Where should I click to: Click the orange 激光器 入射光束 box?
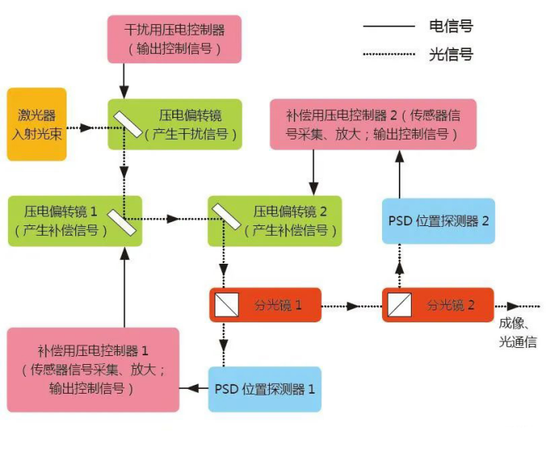point(37,124)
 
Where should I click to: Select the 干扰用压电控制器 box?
point(175,39)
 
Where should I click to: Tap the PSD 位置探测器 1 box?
point(265,390)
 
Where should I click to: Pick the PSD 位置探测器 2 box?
point(439,221)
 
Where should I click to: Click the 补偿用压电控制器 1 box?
point(93,370)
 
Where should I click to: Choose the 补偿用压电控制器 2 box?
point(373,124)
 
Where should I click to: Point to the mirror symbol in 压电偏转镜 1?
point(122,222)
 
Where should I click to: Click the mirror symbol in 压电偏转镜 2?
point(227,216)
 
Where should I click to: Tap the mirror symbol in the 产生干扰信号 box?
point(128,124)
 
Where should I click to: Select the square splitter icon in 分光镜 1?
point(227,305)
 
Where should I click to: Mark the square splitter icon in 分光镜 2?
point(400,305)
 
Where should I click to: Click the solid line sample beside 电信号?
point(388,26)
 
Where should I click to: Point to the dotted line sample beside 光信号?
point(388,54)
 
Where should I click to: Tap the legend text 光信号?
point(451,55)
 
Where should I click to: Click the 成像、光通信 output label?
point(517,333)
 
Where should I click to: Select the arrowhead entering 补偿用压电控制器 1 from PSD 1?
point(193,388)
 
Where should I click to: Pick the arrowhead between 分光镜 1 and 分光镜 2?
point(353,306)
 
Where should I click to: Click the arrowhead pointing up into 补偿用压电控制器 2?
point(400,156)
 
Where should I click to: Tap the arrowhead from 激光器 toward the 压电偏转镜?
point(86,127)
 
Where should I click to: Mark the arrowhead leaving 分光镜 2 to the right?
point(513,306)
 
